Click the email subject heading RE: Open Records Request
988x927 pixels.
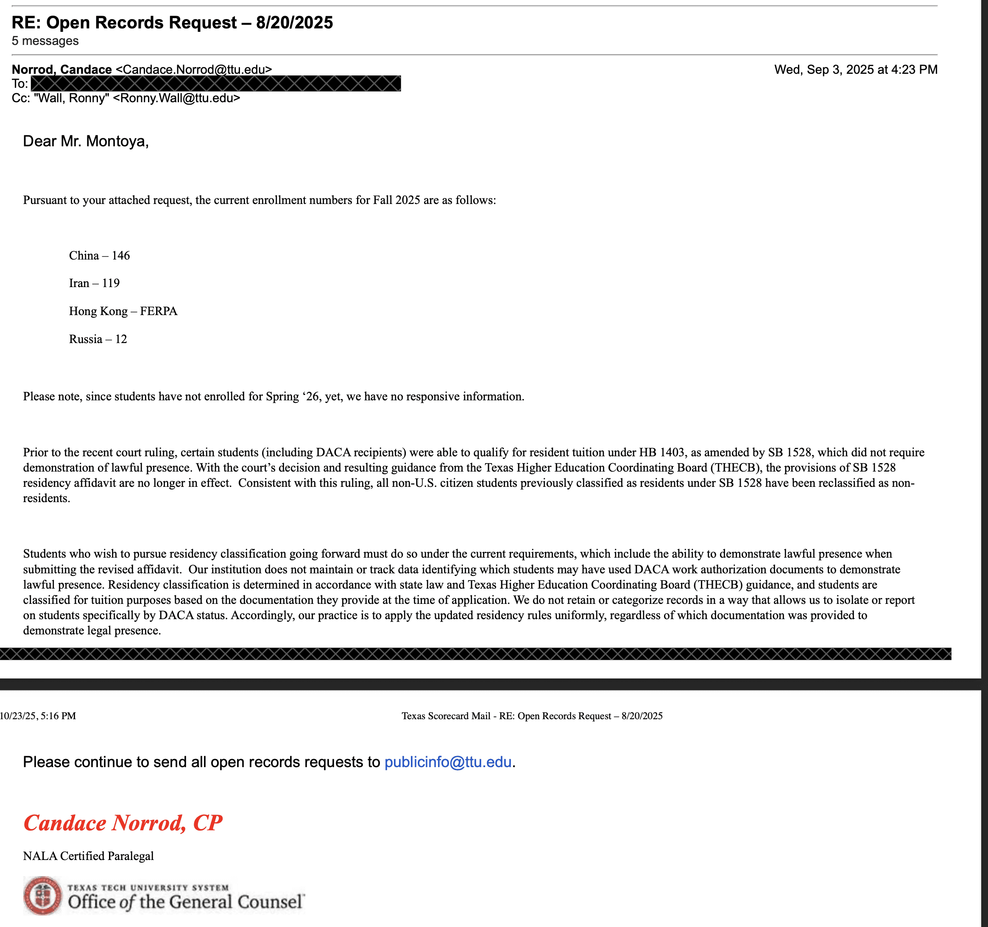coord(172,23)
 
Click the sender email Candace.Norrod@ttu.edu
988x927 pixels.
coord(194,70)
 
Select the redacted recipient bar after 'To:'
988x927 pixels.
coord(216,84)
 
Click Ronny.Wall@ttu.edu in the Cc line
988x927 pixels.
coord(176,98)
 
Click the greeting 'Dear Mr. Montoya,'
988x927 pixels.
coord(86,141)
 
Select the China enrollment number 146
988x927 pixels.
coord(121,255)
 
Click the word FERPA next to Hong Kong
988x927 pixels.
coord(159,311)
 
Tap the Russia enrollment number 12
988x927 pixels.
coord(121,339)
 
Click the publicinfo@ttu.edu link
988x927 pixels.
coord(448,762)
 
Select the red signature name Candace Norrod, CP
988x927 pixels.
coord(123,823)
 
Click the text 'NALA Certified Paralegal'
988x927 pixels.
coord(89,856)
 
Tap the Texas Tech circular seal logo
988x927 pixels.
coord(43,895)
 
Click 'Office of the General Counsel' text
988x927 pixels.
coord(186,902)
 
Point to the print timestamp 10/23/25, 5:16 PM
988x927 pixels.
coord(38,716)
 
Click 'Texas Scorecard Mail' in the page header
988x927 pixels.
coord(446,716)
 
